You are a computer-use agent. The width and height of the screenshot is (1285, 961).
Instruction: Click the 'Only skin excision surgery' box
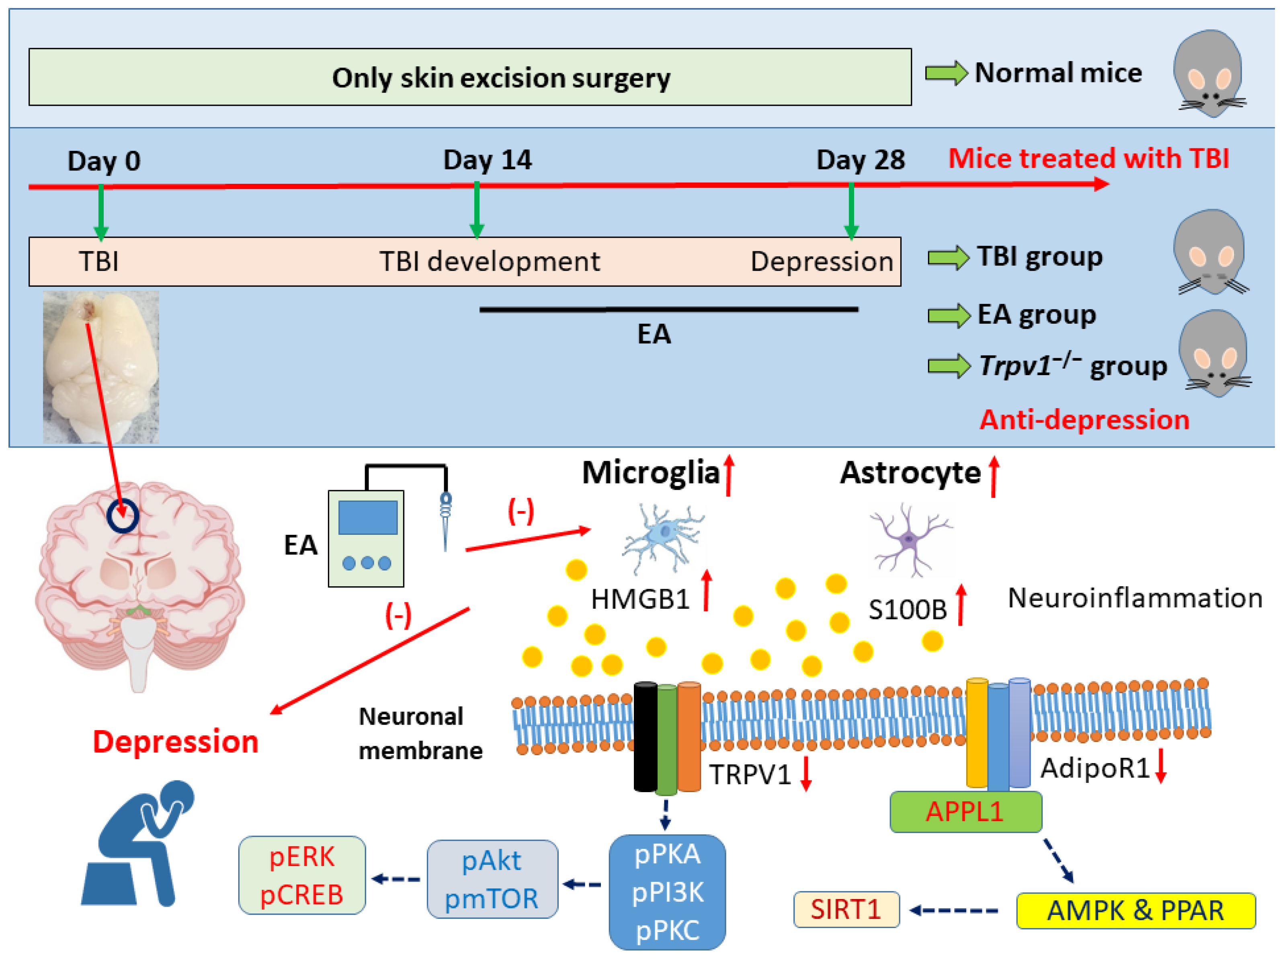coord(469,77)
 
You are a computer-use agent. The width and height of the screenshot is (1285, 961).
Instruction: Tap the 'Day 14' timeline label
coord(487,160)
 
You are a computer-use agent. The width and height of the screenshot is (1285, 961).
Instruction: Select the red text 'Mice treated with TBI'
coord(1088,158)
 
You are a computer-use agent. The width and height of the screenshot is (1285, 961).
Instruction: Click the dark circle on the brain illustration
coord(123,515)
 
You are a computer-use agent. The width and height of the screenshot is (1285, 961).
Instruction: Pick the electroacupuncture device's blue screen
coord(368,517)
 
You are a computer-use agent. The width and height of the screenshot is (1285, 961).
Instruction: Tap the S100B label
coord(907,610)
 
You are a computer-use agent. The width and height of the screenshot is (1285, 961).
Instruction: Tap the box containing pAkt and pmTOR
coord(492,879)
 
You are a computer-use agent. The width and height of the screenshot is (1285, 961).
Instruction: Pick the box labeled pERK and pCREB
coord(301,875)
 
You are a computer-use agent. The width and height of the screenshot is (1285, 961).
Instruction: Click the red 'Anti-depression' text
coord(1084,419)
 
